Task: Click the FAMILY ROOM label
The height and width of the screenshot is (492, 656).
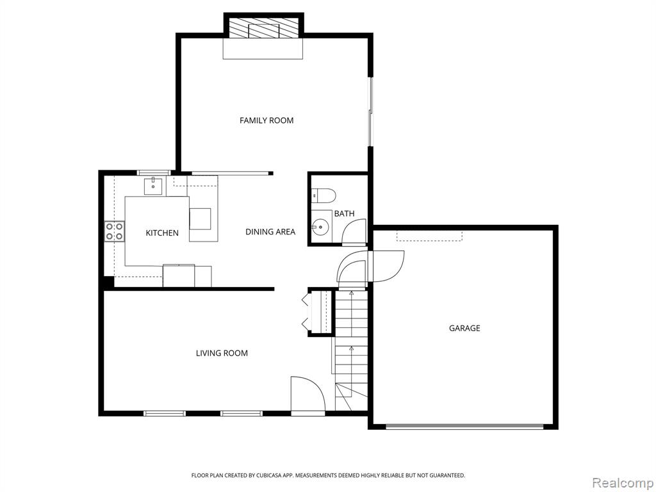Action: pyautogui.click(x=266, y=120)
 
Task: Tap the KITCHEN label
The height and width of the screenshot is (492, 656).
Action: pyautogui.click(x=162, y=233)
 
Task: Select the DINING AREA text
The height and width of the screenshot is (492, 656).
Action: pyautogui.click(x=270, y=232)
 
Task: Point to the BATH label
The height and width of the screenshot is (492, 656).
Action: pyautogui.click(x=344, y=214)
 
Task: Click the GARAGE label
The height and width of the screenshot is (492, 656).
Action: pyautogui.click(x=464, y=329)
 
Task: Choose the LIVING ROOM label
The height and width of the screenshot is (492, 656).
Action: pyautogui.click(x=222, y=354)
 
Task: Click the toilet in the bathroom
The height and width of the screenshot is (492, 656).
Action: pyautogui.click(x=324, y=195)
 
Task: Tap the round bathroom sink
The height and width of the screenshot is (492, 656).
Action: pyautogui.click(x=320, y=227)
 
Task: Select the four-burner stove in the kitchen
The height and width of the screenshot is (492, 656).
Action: pyautogui.click(x=114, y=231)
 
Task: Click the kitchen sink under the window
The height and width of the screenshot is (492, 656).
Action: pyautogui.click(x=153, y=186)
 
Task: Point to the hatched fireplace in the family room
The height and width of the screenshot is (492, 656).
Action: pyautogui.click(x=263, y=28)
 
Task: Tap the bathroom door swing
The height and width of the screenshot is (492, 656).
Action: pyautogui.click(x=354, y=232)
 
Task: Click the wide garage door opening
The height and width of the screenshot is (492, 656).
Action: pyautogui.click(x=464, y=426)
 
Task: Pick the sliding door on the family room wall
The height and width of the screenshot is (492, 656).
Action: pyautogui.click(x=370, y=111)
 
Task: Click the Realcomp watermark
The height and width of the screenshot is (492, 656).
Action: pyautogui.click(x=623, y=483)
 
